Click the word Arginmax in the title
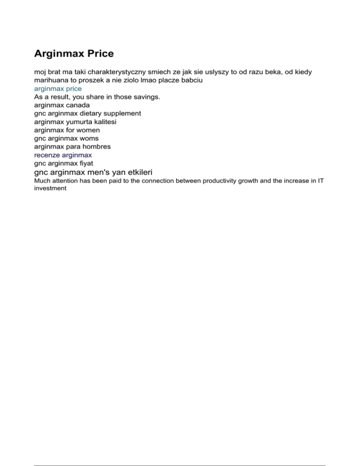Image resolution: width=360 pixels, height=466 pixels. tap(59, 53)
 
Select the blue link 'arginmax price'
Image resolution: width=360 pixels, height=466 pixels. tap(58, 88)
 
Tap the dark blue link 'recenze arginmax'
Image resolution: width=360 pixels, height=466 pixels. tap(63, 154)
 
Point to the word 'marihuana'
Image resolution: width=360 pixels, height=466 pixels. tap(50, 80)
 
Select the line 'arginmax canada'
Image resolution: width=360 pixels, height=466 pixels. tap(62, 105)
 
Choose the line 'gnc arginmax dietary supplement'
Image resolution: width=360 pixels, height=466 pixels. tap(88, 113)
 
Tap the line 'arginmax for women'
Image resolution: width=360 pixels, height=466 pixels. tap(67, 130)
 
